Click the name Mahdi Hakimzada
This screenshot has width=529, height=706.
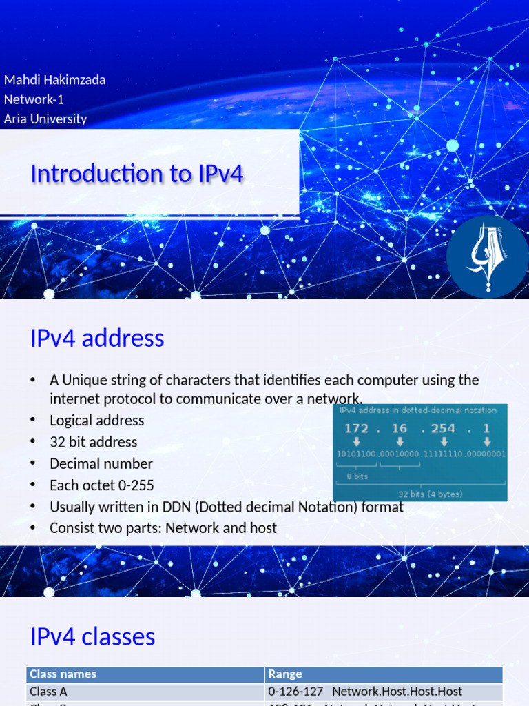tap(55, 80)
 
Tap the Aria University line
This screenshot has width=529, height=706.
tap(45, 119)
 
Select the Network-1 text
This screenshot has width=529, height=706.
tap(34, 99)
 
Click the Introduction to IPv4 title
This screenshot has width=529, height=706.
tap(136, 174)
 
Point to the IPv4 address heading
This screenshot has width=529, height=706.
tap(97, 339)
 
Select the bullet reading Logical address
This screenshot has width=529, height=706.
tap(96, 421)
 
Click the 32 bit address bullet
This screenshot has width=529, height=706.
tap(93, 442)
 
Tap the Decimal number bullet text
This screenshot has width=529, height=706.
tap(101, 463)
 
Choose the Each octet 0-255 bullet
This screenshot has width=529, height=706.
tap(101, 485)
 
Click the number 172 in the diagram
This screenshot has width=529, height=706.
tap(356, 428)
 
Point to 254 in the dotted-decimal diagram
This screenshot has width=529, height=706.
tap(442, 428)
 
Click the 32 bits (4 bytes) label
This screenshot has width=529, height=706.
tap(431, 494)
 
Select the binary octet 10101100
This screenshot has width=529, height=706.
tap(355, 454)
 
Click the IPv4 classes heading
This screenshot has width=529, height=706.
tap(92, 636)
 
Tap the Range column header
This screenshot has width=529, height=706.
tap(285, 674)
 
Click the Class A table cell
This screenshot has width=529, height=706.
tap(48, 690)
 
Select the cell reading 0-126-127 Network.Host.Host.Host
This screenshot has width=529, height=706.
tap(365, 690)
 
